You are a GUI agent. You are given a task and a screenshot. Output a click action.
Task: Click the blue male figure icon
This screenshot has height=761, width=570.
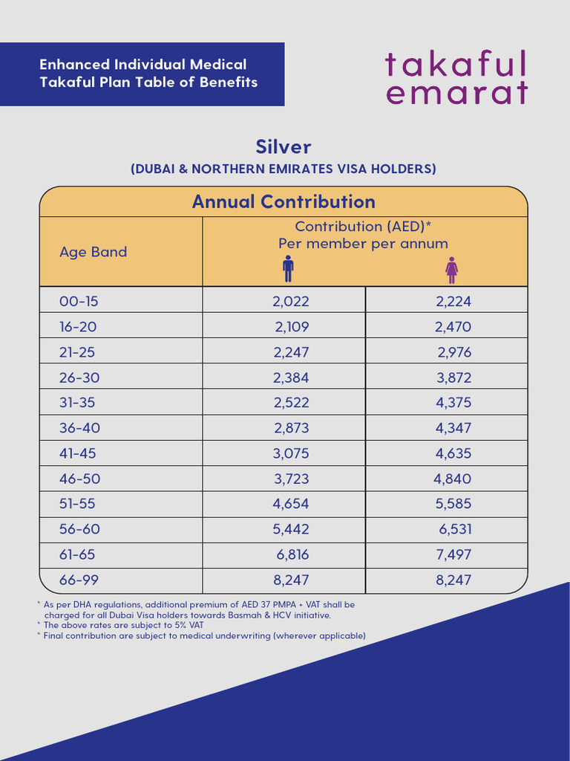pyautogui.click(x=288, y=269)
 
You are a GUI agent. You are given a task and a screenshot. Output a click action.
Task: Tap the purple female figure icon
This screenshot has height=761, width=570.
pyautogui.click(x=451, y=269)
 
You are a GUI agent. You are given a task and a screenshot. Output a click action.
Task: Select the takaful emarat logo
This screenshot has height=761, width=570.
pyautogui.click(x=456, y=77)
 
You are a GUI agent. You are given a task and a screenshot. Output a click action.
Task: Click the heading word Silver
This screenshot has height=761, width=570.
pyautogui.click(x=284, y=146)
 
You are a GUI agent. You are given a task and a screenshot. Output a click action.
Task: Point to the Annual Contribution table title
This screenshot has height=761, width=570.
pyautogui.click(x=284, y=201)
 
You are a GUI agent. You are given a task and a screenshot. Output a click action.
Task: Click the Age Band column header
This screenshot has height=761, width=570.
pyautogui.click(x=93, y=252)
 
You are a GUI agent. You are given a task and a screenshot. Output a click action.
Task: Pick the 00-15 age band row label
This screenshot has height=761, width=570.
pyautogui.click(x=79, y=301)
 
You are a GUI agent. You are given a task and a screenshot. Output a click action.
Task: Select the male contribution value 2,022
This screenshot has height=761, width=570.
pyautogui.click(x=291, y=301)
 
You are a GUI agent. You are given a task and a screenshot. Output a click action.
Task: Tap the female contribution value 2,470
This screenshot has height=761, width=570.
pyautogui.click(x=453, y=326)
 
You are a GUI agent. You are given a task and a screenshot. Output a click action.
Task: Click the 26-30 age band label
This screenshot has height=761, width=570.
pyautogui.click(x=79, y=378)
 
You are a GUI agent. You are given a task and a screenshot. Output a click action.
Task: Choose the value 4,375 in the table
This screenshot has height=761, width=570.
pyautogui.click(x=453, y=403)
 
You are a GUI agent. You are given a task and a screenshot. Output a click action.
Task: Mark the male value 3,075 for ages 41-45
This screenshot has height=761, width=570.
pyautogui.click(x=291, y=453)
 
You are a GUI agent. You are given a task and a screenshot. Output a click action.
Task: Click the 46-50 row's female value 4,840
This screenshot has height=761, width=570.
pyautogui.click(x=452, y=479)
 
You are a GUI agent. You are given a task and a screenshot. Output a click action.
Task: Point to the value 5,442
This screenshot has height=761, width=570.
pyautogui.click(x=291, y=529)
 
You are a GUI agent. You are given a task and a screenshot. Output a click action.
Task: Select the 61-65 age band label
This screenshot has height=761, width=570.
pyautogui.click(x=77, y=554)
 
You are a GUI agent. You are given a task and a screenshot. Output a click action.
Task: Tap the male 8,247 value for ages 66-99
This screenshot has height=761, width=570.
pyautogui.click(x=291, y=580)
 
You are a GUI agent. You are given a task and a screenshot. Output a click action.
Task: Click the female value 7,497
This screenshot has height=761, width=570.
pyautogui.click(x=453, y=554)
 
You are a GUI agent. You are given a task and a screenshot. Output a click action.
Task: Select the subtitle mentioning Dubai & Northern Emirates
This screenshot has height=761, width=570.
pyautogui.click(x=284, y=169)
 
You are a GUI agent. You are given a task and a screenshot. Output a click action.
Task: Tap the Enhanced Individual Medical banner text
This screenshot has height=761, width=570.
pyautogui.click(x=148, y=74)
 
